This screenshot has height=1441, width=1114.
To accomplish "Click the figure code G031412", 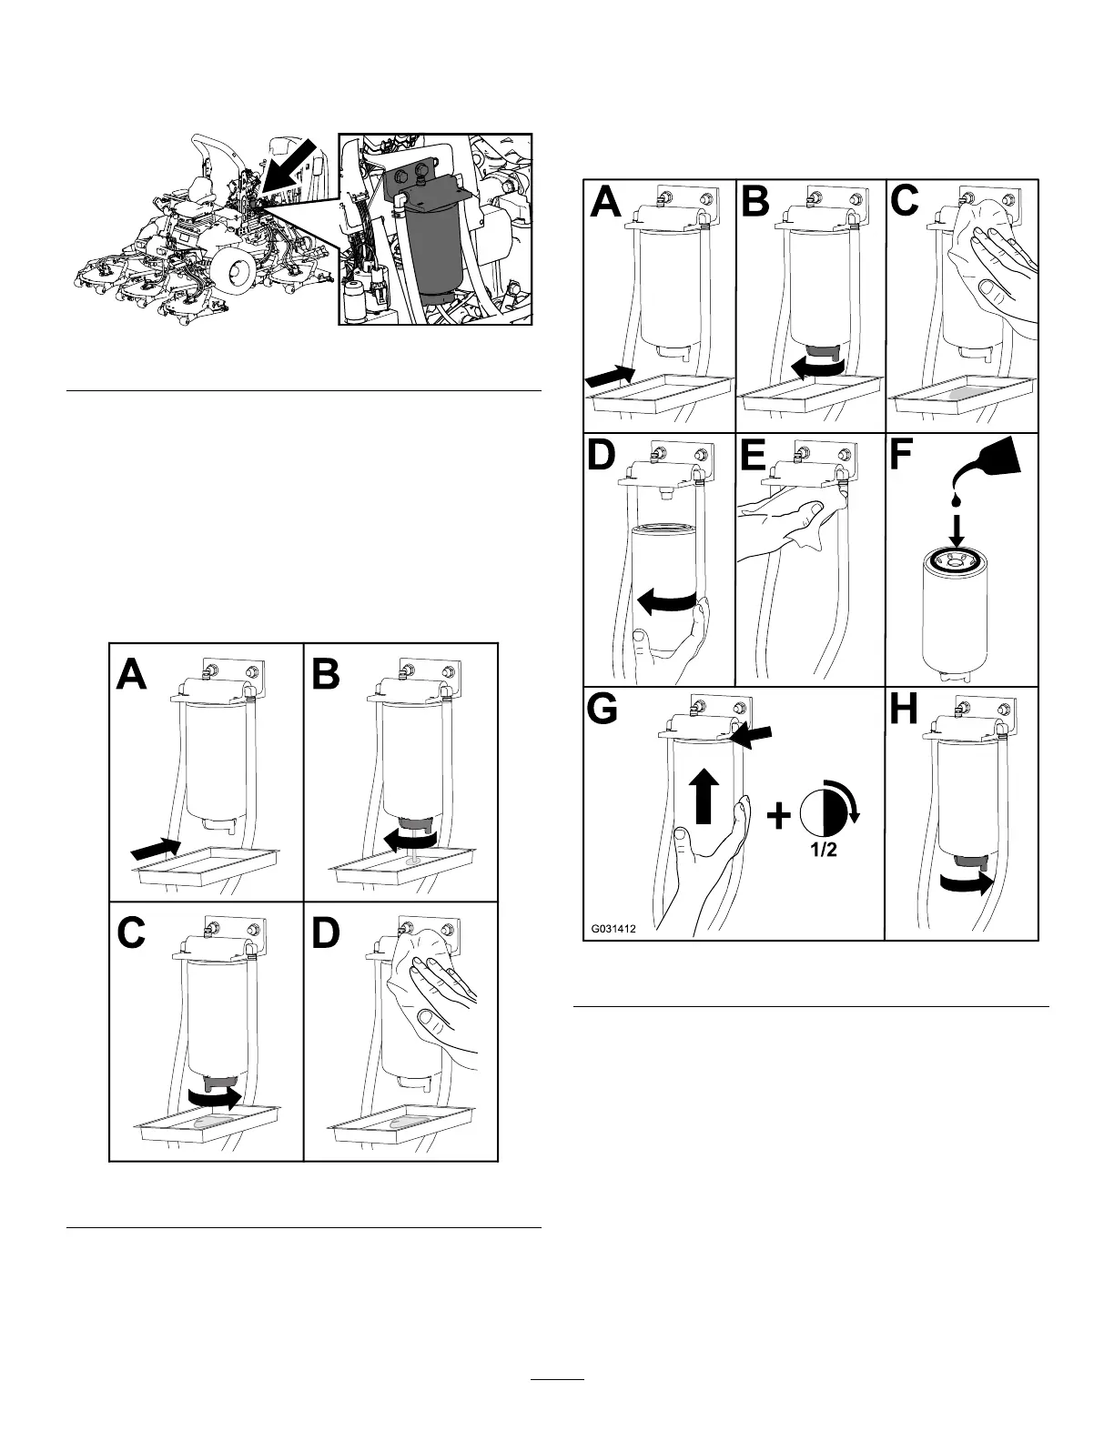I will pos(609,930).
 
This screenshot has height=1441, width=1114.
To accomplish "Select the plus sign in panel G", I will pos(777,818).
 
